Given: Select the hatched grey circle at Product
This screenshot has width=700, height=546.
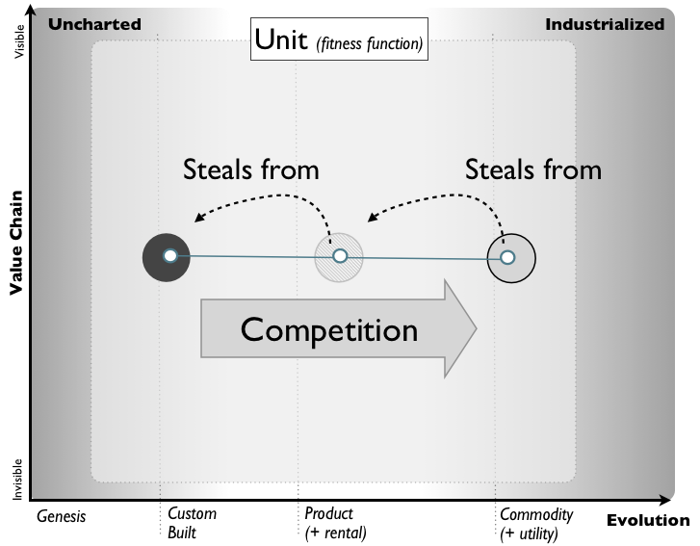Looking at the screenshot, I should tap(339, 256).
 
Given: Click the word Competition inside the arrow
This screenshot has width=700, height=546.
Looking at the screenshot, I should tap(329, 330).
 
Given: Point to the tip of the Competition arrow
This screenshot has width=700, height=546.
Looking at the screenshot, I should tap(476, 329).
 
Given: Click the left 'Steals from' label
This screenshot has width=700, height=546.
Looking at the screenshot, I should tap(250, 169).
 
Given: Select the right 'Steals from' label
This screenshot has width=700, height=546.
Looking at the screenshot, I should tap(532, 169).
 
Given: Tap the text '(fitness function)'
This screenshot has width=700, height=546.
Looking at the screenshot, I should tap(370, 43).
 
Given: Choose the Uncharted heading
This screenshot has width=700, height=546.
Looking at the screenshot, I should tap(94, 24).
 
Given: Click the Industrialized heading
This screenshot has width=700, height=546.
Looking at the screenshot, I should tap(605, 24).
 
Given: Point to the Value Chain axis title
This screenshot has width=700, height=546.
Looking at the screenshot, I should tap(15, 242).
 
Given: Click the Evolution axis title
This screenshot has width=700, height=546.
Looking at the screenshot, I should tap(647, 521).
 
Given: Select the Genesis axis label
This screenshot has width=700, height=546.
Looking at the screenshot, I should tap(62, 516).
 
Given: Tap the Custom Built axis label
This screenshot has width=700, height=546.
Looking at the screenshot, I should tap(193, 523).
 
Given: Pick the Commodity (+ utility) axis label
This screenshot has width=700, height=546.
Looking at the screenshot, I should tap(536, 523).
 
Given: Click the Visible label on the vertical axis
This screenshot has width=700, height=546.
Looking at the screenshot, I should tap(17, 45).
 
